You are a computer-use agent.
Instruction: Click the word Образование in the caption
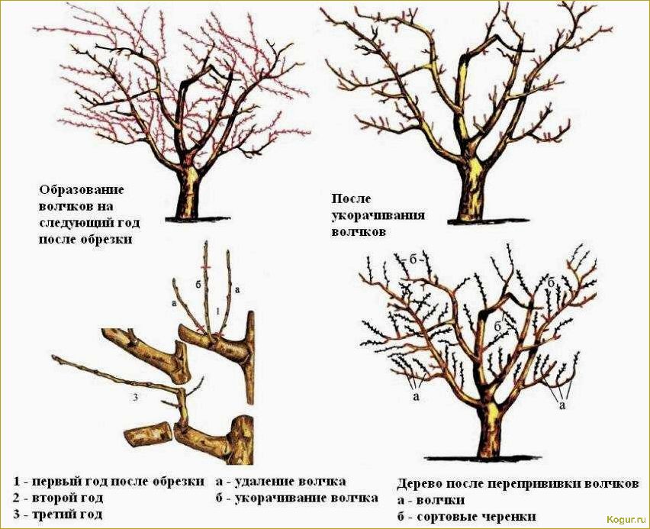81,189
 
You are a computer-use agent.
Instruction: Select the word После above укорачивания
350,198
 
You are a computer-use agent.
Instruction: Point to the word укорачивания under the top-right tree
378,215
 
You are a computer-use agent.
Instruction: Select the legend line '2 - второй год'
58,498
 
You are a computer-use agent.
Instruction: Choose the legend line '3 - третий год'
58,514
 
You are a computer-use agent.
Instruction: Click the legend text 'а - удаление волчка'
280,481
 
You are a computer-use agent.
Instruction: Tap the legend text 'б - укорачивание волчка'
296,498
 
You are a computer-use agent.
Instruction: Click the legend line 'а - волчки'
431,500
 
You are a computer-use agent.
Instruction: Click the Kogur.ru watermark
626,519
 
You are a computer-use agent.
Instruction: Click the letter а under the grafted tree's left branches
417,398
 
